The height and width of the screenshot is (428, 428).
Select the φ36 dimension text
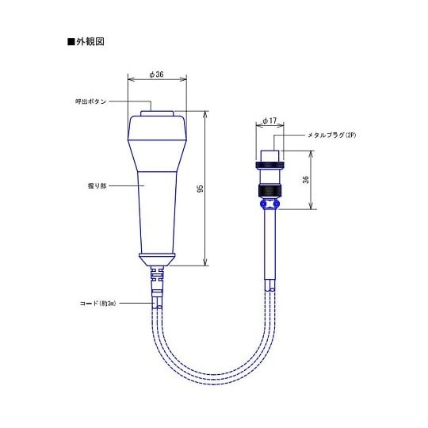[x=157, y=75]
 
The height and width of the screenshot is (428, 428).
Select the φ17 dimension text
[x=268, y=122]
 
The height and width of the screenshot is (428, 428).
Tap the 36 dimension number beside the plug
[x=305, y=180]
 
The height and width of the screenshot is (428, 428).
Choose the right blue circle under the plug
[x=277, y=204]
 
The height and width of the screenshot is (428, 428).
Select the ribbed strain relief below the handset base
[x=157, y=277]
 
